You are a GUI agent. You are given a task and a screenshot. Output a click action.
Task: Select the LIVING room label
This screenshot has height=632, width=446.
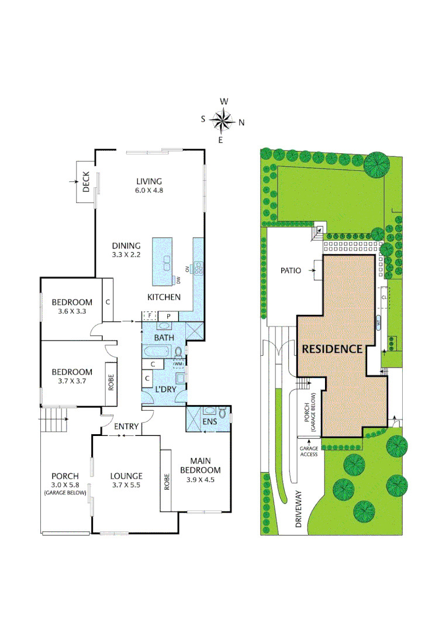pos(148,181)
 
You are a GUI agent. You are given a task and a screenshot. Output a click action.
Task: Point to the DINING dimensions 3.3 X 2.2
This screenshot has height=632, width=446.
pos(126,256)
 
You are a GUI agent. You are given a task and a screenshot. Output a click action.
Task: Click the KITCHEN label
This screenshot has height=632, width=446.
pos(164,297)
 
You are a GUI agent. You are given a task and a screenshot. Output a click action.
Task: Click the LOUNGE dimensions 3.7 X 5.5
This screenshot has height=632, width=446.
pos(126,485)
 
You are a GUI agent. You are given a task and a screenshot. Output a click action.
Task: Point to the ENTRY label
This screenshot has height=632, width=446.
pos(126,427)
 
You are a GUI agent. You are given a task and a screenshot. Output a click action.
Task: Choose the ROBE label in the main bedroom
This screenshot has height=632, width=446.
pos(166,480)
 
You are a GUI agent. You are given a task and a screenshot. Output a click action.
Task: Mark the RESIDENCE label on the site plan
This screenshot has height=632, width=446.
pos(332,349)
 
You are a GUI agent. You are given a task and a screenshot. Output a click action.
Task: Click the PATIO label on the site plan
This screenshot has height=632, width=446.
pos(291,271)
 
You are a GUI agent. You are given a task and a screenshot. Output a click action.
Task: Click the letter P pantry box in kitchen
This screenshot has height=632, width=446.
pos(168,316)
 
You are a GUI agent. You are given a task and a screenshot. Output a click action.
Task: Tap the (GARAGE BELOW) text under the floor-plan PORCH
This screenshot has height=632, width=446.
pos(65,493)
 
